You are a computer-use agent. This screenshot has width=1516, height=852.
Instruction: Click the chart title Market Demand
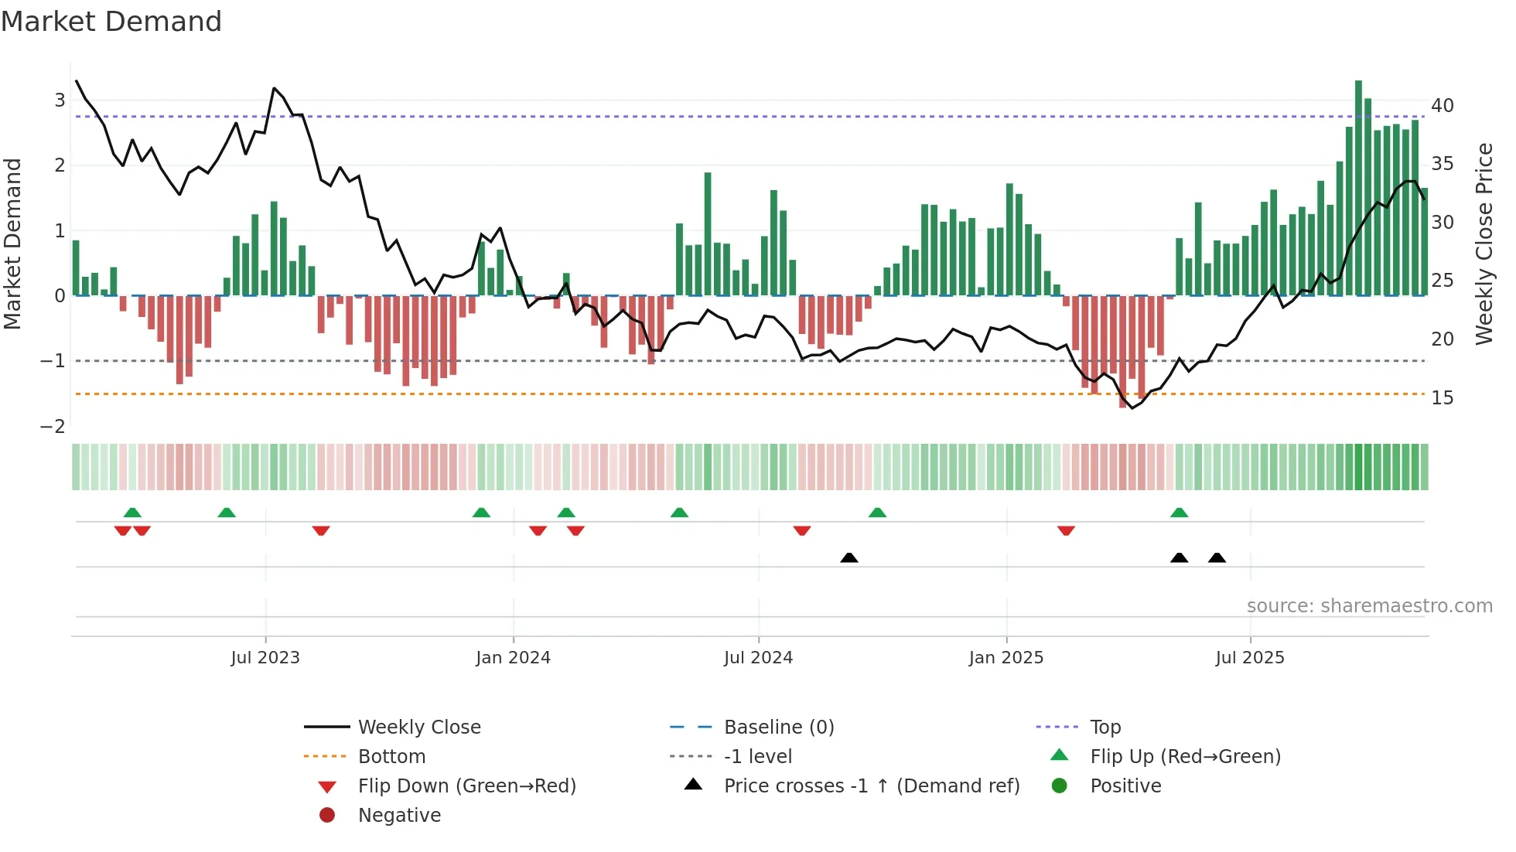(111, 22)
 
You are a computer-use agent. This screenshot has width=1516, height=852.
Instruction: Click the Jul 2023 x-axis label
(265, 658)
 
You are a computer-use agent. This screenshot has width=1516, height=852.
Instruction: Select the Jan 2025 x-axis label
(1006, 658)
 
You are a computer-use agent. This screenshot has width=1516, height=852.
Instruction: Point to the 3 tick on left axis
(60, 100)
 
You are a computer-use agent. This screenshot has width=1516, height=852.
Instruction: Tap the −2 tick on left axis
(53, 427)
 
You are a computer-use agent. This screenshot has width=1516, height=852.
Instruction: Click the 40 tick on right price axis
(1443, 105)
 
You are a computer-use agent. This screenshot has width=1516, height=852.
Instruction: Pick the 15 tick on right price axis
(1443, 397)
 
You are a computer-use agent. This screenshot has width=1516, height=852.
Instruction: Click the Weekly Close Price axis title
(1484, 244)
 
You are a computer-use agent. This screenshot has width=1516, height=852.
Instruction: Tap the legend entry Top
(1105, 728)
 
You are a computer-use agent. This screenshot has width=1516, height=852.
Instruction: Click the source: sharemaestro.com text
(1369, 606)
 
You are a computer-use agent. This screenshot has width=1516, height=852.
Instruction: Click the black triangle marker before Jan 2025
(849, 557)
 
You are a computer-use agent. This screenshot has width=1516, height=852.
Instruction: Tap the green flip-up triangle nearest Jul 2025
(1179, 513)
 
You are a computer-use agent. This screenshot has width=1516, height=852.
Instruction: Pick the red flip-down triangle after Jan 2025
(1066, 530)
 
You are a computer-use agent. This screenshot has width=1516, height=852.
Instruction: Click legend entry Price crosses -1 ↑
(871, 786)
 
